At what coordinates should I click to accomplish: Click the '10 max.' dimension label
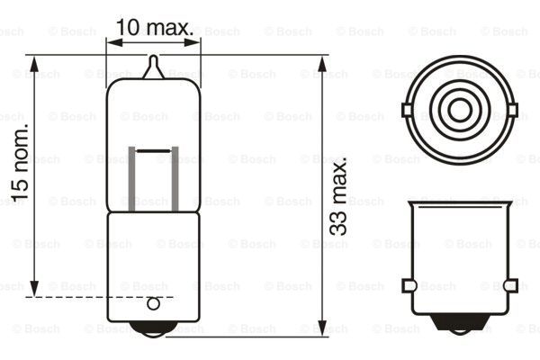155,28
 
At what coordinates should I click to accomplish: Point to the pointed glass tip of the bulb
154,65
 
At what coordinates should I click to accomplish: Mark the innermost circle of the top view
460,112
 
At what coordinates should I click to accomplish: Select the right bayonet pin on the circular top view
514,112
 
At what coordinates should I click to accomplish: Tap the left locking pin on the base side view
408,286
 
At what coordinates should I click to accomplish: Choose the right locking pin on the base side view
511,286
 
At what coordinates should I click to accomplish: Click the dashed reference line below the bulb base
99,296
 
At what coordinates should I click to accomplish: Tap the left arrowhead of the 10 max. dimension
112,40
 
